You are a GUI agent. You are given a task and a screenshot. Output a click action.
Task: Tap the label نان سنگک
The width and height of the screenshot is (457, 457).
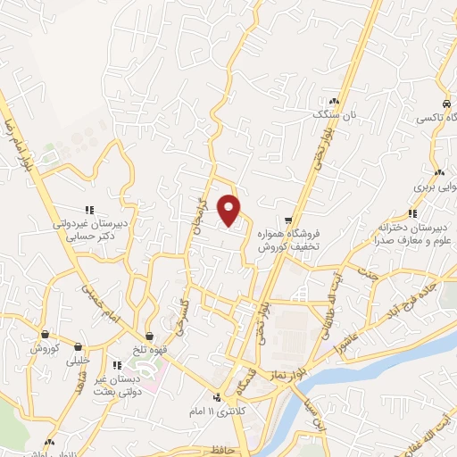[333, 114]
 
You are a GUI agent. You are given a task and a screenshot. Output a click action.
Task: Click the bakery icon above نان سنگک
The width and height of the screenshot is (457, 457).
[334, 102]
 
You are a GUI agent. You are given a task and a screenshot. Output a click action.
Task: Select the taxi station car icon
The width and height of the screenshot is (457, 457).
[447, 104]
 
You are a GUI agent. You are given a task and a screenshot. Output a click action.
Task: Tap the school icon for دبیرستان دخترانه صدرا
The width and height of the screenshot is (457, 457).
[411, 213]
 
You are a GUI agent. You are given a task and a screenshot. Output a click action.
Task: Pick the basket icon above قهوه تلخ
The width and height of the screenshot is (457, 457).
[149, 336]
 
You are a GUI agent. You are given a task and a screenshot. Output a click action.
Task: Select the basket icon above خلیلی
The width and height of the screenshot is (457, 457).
[79, 348]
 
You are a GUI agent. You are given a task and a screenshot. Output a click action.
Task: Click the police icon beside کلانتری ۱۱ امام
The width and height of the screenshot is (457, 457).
[217, 398]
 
